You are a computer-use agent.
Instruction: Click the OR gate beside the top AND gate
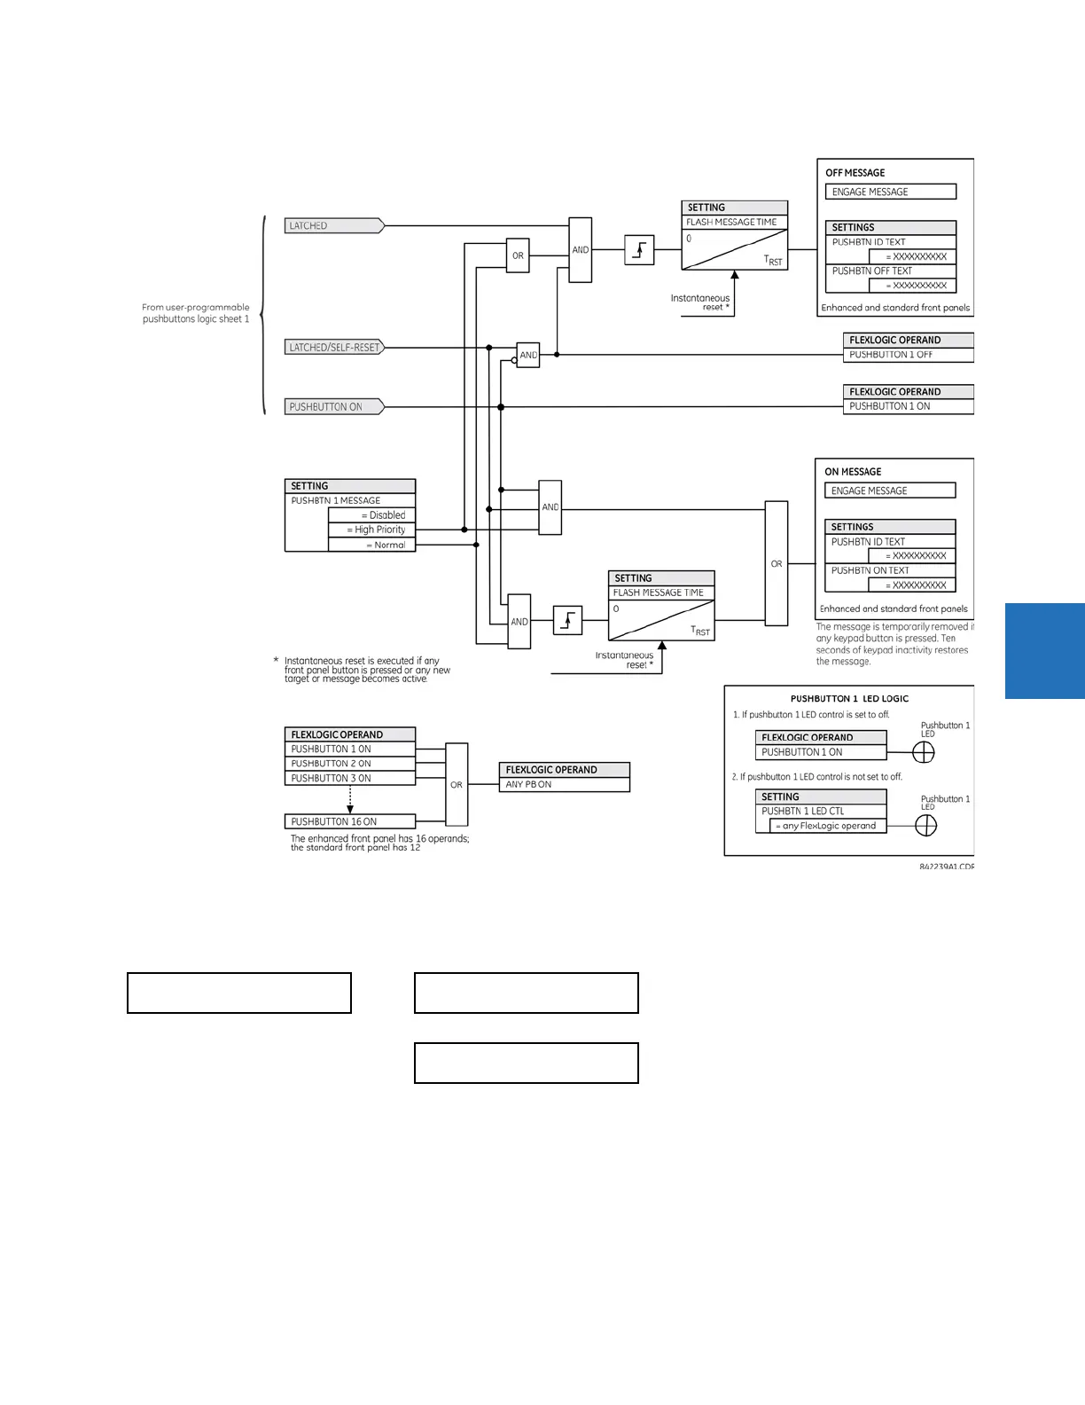[518, 255]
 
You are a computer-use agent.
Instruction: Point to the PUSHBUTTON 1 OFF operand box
[908, 355]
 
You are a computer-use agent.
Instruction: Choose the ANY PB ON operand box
[564, 785]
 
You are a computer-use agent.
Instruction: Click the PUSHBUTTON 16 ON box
[349, 821]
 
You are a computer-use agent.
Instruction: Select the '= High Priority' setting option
[371, 530]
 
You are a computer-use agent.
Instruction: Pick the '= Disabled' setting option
[371, 515]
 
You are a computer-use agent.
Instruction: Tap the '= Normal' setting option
[371, 545]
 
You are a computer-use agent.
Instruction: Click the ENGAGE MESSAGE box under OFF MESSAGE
[890, 192]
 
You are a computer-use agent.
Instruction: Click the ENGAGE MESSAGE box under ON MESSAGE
[889, 491]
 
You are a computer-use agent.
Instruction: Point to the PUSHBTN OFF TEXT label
[871, 271]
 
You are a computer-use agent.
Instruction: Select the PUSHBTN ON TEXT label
[870, 570]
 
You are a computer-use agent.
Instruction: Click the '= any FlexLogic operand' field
[828, 826]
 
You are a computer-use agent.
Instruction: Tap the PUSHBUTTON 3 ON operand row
[349, 778]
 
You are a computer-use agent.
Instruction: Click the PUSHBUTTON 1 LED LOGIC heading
[849, 699]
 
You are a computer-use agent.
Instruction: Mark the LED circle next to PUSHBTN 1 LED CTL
[925, 826]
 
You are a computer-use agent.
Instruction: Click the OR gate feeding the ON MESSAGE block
[777, 563]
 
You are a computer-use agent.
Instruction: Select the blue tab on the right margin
[1045, 651]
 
